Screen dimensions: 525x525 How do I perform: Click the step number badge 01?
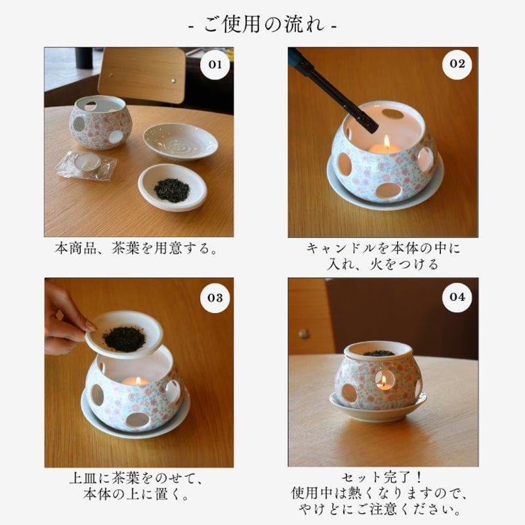point(215,64)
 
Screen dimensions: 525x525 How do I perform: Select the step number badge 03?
point(215,297)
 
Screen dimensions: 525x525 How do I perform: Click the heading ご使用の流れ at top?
point(262,26)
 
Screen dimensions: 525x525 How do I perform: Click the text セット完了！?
point(383,478)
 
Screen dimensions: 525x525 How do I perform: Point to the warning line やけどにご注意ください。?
point(383,509)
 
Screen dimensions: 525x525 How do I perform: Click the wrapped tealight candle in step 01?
point(86,164)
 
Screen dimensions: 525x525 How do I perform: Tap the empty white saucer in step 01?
point(180,140)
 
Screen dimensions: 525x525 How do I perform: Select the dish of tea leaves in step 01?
point(172,188)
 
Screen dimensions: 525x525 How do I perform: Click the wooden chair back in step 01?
point(142,74)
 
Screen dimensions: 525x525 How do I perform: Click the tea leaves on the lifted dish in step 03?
point(124,339)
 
